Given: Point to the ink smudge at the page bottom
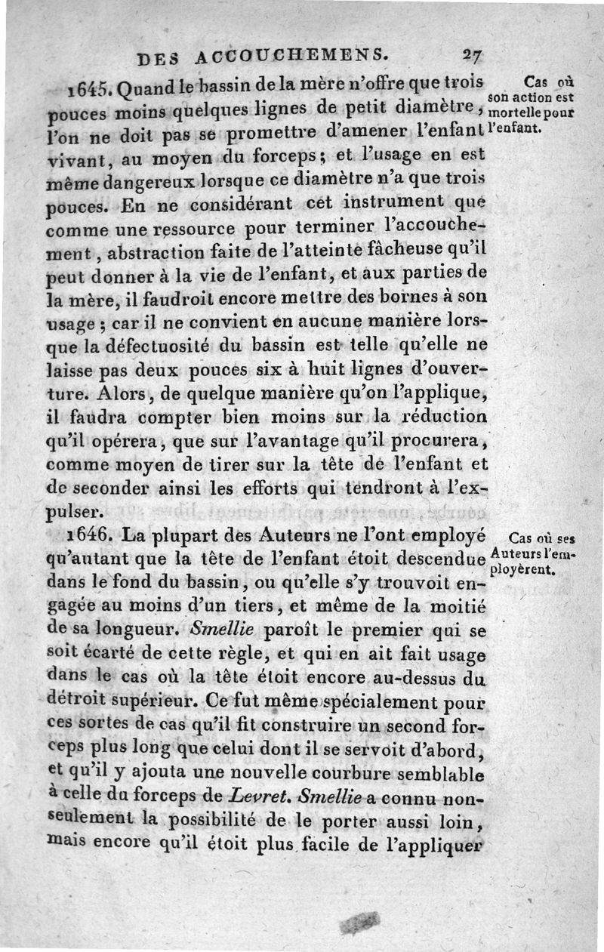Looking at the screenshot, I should [361, 920].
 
